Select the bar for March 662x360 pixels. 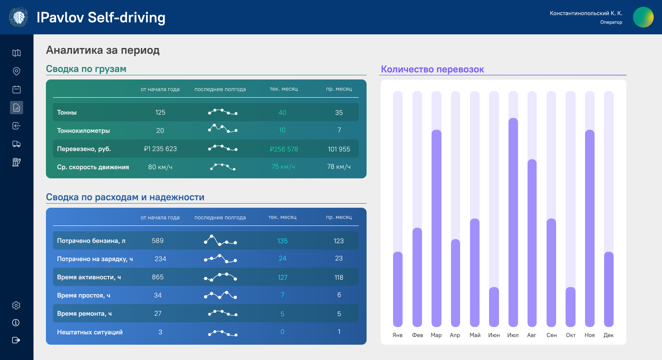click(436, 228)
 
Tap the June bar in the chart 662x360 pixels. click(494, 307)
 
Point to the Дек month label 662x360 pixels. click(608, 335)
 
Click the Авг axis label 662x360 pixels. click(532, 335)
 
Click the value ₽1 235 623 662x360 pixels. click(160, 149)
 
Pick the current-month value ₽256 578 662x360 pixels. click(283, 149)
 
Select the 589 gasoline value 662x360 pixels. click(158, 241)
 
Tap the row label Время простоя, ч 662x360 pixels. click(84, 295)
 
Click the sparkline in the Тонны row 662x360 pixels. click(223, 112)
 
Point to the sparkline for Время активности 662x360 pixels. click(221, 277)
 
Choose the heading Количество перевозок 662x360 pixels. click(432, 70)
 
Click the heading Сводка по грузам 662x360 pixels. click(86, 69)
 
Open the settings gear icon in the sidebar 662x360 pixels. click(16, 305)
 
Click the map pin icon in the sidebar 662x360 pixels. click(17, 71)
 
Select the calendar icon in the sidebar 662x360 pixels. click(17, 89)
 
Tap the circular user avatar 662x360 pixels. click(643, 17)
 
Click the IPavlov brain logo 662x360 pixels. click(19, 17)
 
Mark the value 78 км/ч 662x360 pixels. click(339, 167)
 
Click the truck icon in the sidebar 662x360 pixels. click(17, 144)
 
